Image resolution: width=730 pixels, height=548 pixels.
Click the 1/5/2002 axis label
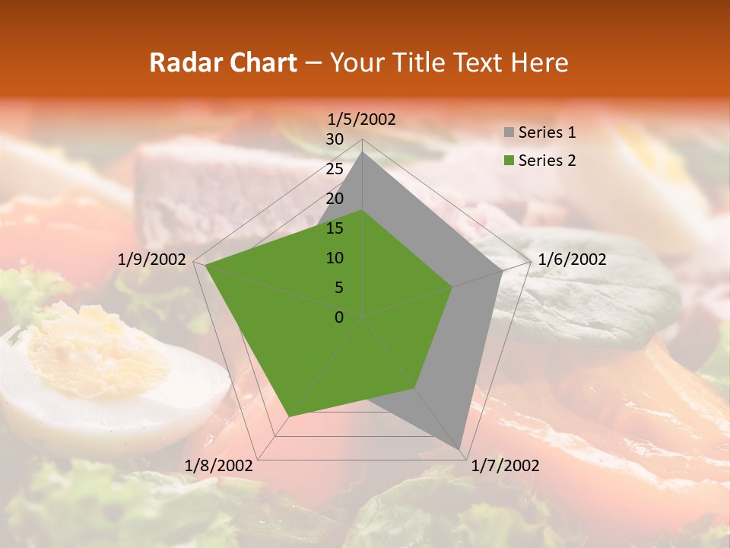362,119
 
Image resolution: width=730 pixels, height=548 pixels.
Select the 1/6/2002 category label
572,260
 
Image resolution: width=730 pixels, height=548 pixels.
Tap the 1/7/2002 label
505,466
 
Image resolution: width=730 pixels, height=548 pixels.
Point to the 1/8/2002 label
219,466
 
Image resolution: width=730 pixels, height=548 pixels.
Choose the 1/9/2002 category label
152,260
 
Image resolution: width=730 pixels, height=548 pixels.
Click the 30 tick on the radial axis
335,139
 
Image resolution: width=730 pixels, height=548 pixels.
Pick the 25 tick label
335,169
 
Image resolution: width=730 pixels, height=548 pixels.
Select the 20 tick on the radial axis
335,199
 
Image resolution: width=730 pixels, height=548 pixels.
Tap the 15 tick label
335,228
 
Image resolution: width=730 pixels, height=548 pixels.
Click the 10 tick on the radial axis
335,258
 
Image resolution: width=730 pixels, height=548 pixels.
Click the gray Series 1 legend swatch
509,133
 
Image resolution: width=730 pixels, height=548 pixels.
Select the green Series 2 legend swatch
509,161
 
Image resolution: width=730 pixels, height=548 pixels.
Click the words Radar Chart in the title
223,62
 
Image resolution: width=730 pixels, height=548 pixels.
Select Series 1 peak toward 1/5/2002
363,153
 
